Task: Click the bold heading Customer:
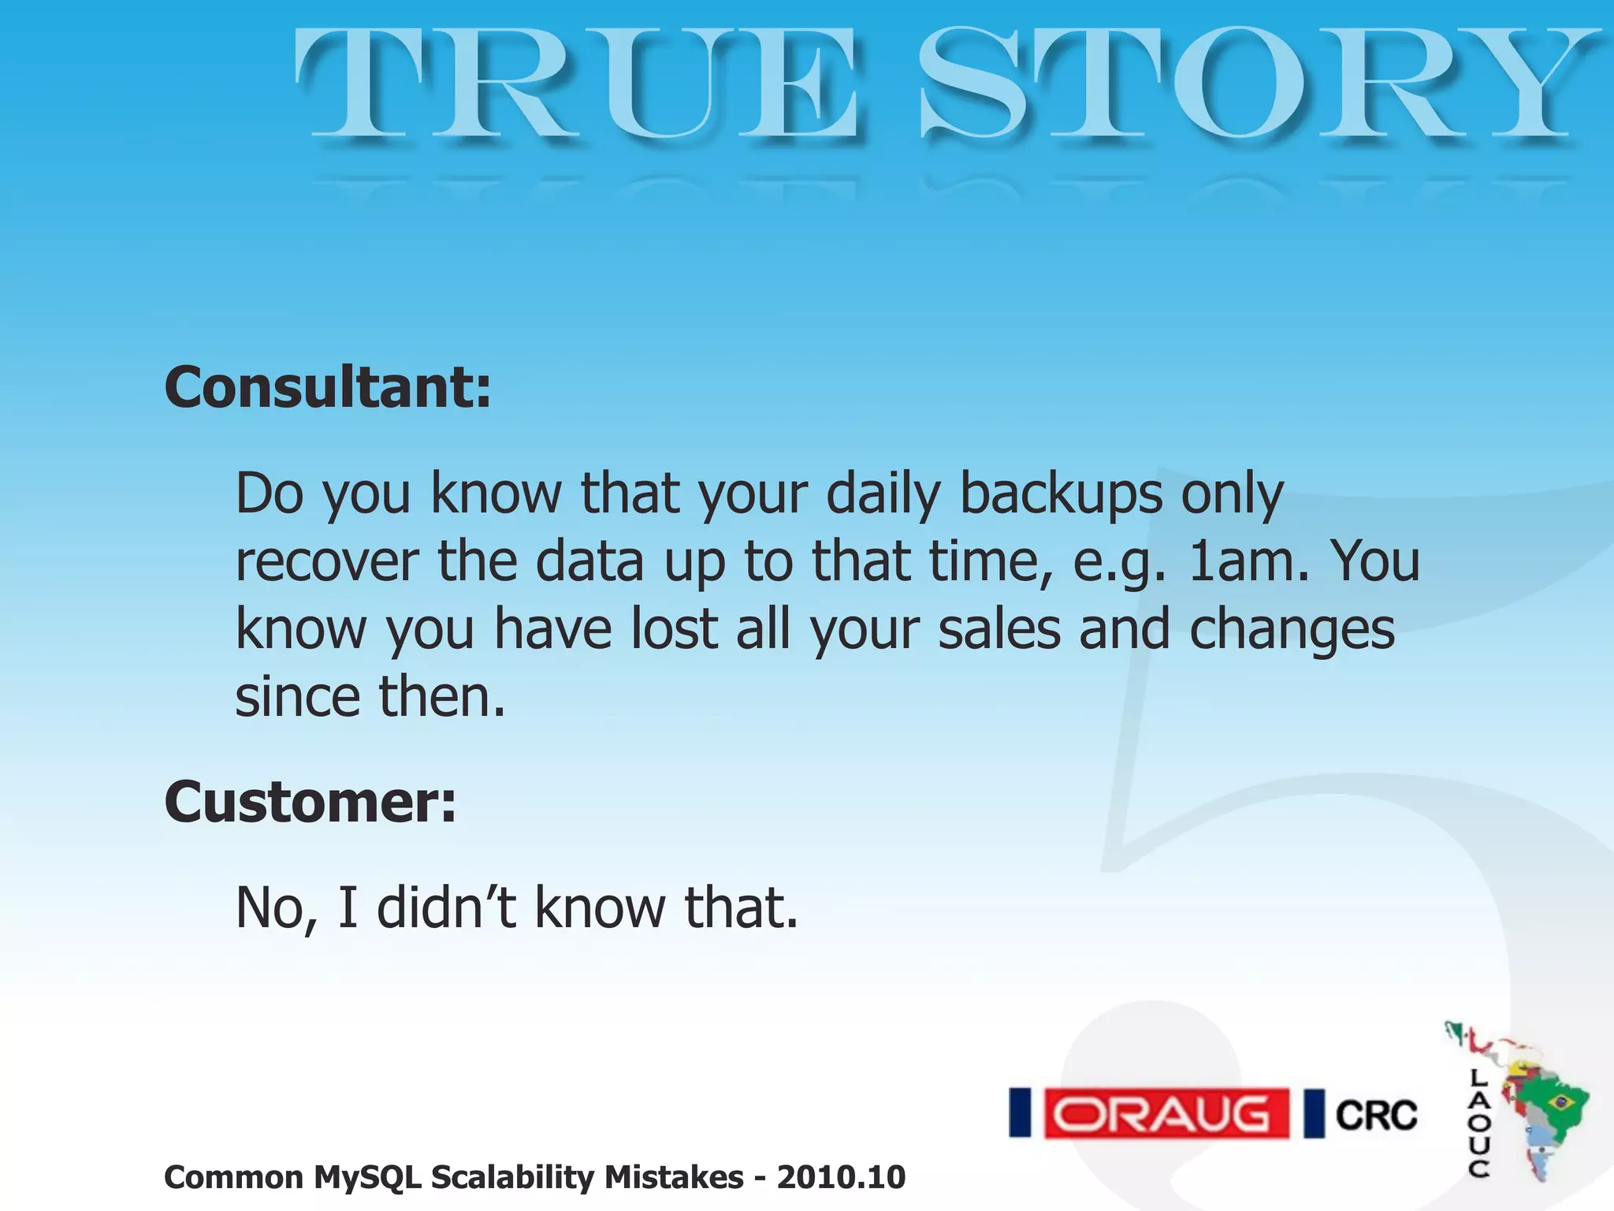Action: pos(310,802)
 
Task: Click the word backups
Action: pos(1061,494)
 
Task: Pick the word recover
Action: pos(327,561)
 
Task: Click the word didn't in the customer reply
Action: pos(446,907)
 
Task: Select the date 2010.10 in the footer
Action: pos(841,1178)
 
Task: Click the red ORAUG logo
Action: pos(1166,1113)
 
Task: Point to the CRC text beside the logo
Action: pos(1376,1115)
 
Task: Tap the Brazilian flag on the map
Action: pos(1560,1101)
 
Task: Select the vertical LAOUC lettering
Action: pos(1478,1123)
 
